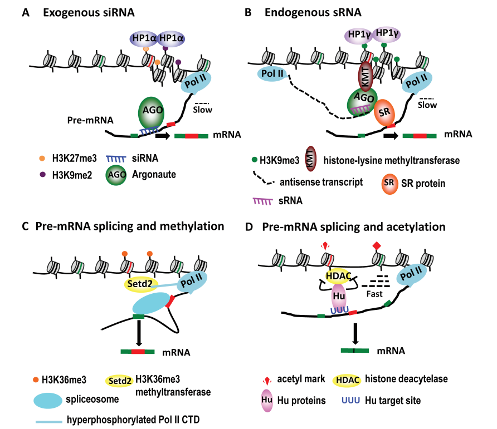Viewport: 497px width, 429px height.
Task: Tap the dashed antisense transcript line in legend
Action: pyautogui.click(x=266, y=181)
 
